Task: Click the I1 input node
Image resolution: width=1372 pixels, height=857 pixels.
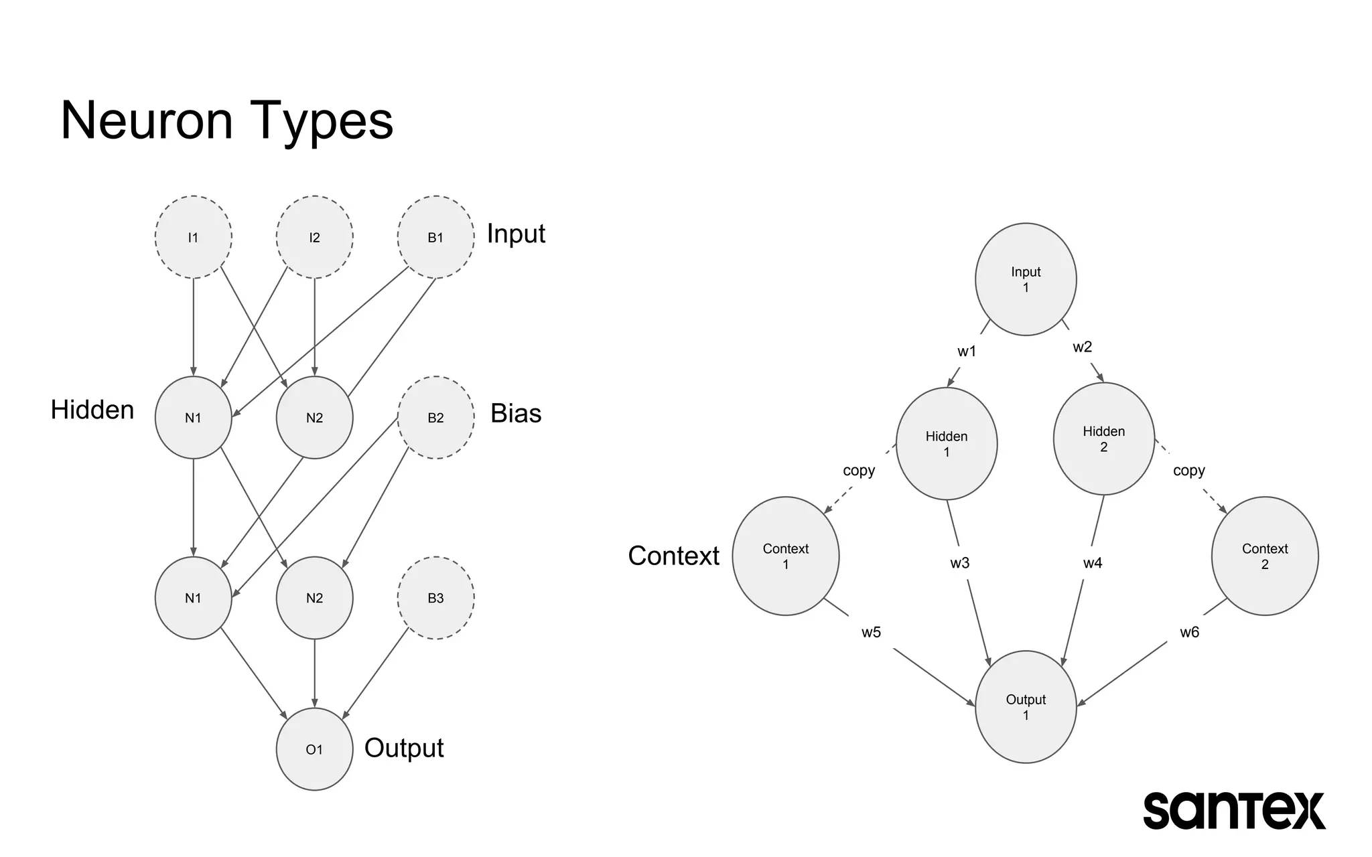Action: click(193, 237)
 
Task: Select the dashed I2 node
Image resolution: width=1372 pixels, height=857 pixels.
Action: click(314, 237)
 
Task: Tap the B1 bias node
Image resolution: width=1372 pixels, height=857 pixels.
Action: click(435, 237)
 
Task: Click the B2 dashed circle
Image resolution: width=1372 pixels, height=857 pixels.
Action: click(435, 417)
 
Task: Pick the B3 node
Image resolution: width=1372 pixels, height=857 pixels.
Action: click(435, 598)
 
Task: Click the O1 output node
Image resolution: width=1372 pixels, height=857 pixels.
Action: click(314, 749)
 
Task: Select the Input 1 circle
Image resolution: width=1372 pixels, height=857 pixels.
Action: click(1026, 279)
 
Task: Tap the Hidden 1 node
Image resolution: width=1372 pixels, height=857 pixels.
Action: click(946, 444)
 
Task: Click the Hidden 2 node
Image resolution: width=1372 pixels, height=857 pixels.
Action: click(1103, 439)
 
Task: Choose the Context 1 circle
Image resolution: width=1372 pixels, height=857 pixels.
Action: click(785, 556)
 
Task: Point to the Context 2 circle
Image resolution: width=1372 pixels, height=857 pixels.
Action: click(1264, 556)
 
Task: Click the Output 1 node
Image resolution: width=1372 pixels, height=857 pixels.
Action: click(1026, 706)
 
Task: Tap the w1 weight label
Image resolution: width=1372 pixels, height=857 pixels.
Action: click(967, 352)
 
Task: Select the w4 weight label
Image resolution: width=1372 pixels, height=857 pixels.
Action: click(1092, 563)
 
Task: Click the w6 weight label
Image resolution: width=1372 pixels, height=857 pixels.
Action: click(1189, 632)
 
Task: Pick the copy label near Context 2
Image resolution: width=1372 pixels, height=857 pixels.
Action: click(1188, 471)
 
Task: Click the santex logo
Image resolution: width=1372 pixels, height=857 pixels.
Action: click(1233, 810)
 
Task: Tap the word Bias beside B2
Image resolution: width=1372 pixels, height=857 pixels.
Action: click(515, 413)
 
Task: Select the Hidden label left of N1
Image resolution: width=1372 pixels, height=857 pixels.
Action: click(92, 410)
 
